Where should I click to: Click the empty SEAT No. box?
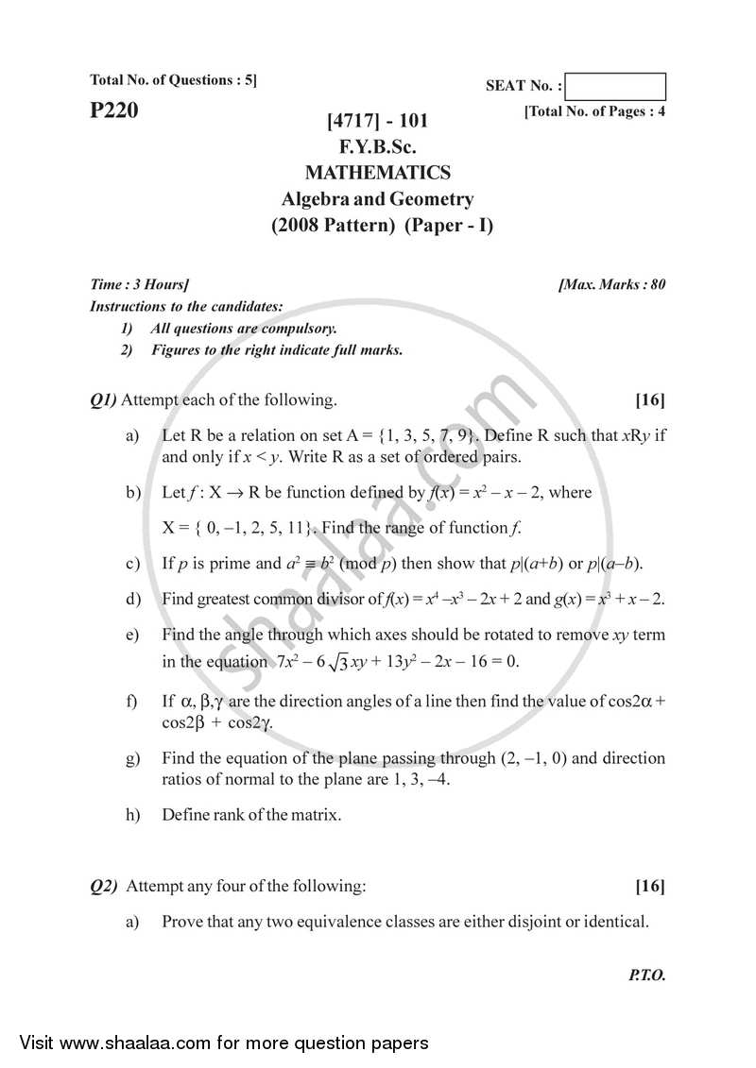(618, 87)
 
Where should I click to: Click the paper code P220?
(113, 111)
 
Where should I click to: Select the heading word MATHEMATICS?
(377, 173)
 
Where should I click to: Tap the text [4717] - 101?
(377, 121)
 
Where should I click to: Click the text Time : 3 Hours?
(138, 284)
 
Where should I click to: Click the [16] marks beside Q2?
(649, 886)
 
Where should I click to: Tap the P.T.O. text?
(646, 976)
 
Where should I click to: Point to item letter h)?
(133, 814)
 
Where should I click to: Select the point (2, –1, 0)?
(534, 758)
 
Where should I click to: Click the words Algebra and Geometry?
(377, 199)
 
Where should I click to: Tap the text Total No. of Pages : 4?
(594, 111)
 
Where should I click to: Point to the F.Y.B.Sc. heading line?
(377, 147)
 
